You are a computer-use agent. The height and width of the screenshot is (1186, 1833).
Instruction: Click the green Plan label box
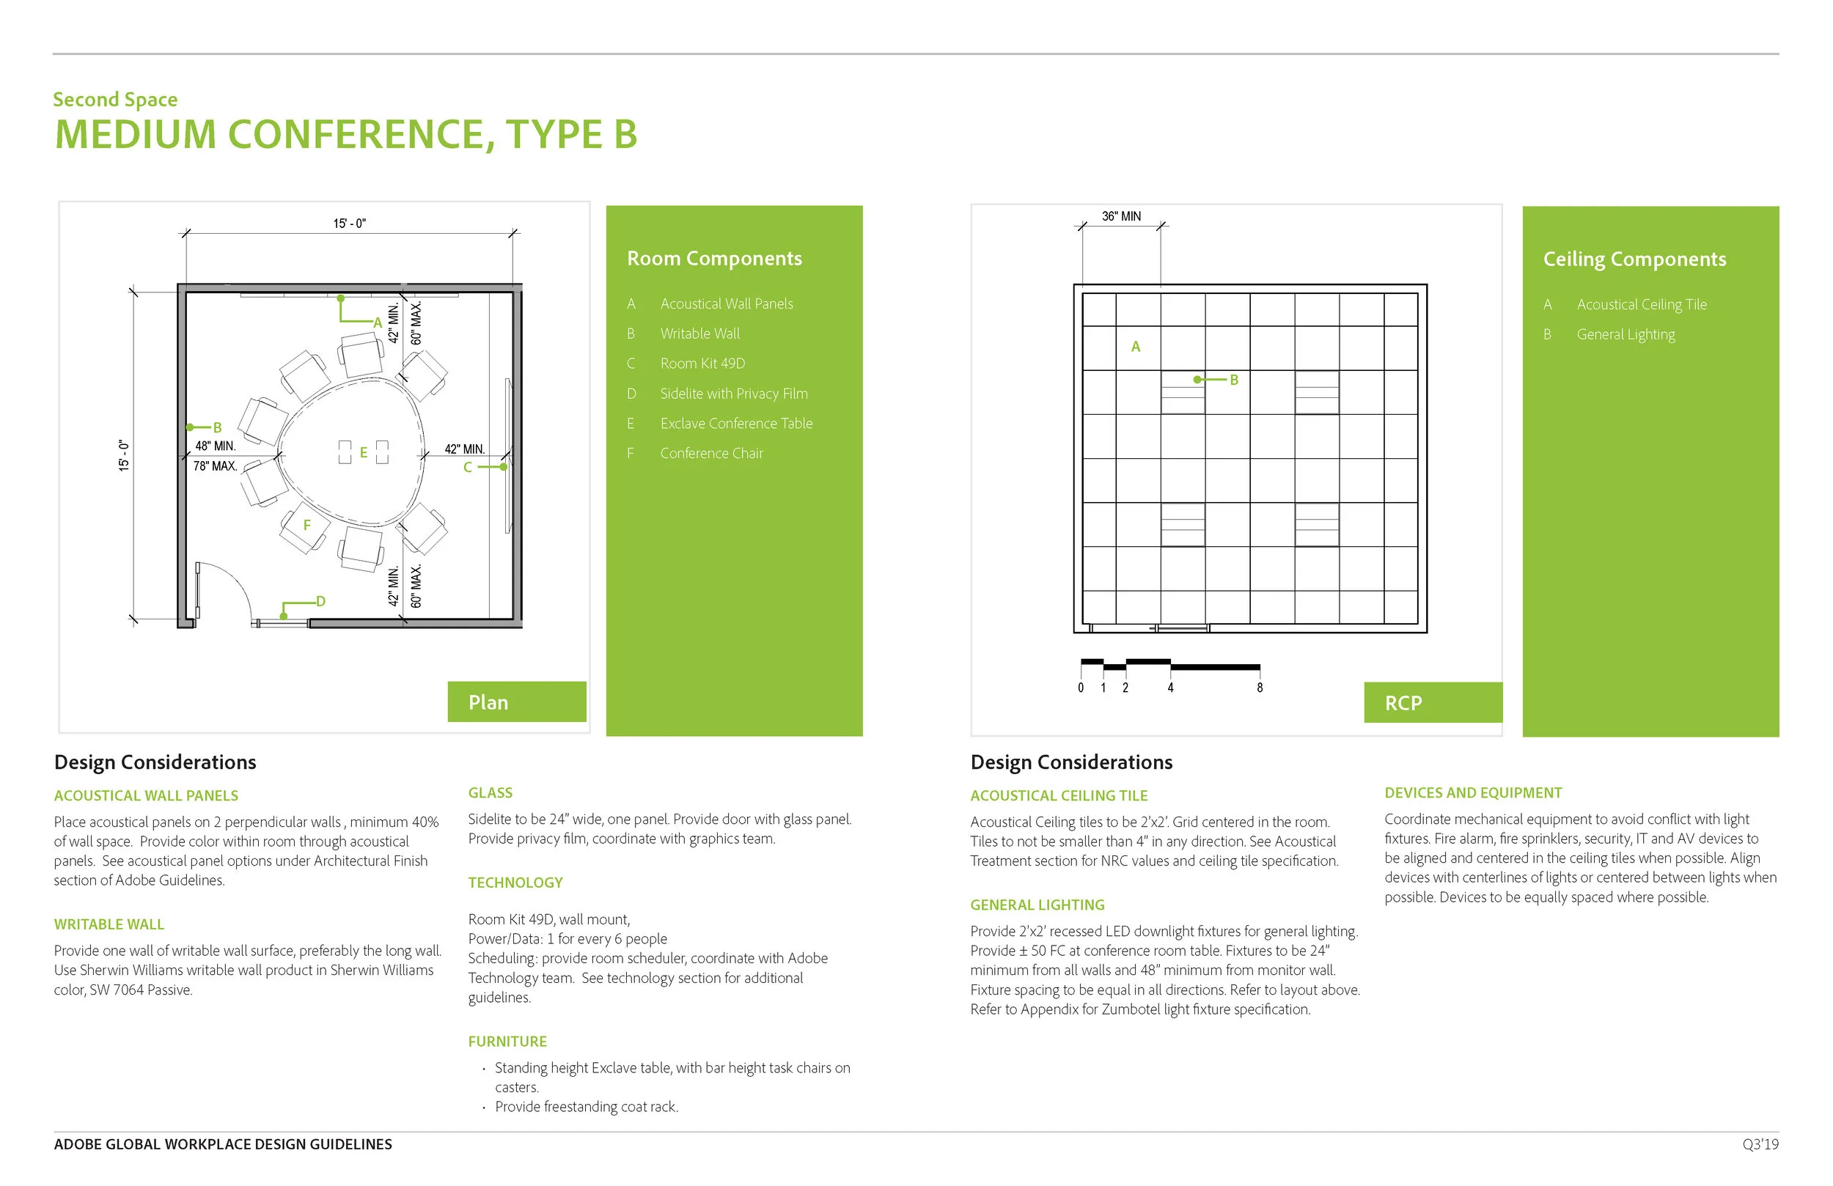click(516, 701)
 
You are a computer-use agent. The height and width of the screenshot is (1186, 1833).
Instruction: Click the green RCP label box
click(1432, 702)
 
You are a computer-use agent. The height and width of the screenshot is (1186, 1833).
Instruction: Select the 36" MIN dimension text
click(1120, 216)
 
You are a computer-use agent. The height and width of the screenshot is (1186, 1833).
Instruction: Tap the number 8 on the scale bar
click(1259, 688)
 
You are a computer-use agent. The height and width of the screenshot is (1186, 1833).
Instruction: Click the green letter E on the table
click(364, 453)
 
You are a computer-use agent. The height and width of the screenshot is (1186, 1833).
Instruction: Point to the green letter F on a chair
click(306, 526)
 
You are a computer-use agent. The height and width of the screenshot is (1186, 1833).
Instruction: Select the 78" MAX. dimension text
click(215, 466)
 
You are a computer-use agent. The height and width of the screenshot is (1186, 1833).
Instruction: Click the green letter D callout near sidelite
click(320, 602)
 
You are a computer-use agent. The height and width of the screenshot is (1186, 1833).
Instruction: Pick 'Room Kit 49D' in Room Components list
click(702, 364)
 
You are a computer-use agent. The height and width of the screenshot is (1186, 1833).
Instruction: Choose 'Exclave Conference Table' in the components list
click(735, 424)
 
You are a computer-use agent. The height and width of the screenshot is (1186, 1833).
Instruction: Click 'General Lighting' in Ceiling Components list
click(1625, 334)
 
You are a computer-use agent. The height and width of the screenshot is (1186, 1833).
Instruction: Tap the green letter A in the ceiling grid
click(1135, 347)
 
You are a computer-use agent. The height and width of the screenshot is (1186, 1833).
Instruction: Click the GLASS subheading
click(490, 792)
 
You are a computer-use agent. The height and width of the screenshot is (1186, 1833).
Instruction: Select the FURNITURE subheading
click(507, 1041)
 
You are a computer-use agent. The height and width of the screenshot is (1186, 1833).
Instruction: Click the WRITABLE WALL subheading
click(109, 924)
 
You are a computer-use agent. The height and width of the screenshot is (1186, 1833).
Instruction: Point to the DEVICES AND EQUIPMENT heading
click(1472, 792)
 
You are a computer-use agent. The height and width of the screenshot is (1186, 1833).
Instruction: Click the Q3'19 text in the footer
click(1760, 1144)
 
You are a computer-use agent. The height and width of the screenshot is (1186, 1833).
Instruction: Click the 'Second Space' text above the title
click(115, 100)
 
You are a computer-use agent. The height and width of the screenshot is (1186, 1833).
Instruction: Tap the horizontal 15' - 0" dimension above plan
click(349, 224)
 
